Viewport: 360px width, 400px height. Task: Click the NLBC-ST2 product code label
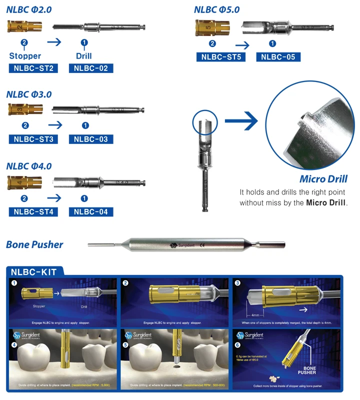(33, 68)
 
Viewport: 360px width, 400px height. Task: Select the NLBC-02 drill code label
(90, 68)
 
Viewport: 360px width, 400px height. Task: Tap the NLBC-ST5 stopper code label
(221, 57)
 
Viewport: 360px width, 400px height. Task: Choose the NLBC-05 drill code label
(278, 57)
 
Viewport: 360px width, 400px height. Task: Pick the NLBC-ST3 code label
(33, 139)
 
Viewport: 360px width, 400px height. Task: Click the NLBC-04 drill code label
(90, 211)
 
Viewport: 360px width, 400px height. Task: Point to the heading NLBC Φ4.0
(29, 166)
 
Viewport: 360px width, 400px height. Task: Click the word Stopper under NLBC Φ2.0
(25, 56)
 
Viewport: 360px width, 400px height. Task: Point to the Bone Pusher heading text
(34, 244)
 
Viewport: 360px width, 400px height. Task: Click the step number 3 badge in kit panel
(237, 283)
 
